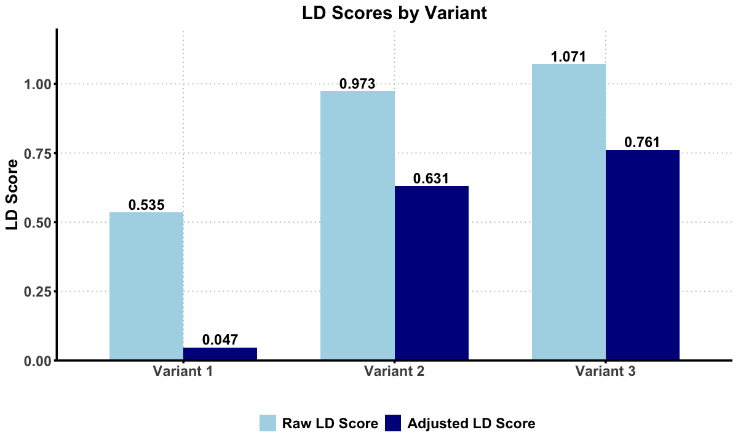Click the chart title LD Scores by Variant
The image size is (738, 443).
point(394,13)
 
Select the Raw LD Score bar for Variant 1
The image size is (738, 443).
point(146,286)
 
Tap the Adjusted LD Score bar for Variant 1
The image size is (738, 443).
point(220,354)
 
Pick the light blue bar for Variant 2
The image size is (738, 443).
point(357,225)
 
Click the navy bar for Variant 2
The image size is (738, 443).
point(431,273)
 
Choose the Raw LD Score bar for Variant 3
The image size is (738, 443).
point(569,212)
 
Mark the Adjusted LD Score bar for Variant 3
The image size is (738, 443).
point(643,255)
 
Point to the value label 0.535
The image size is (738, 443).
point(146,205)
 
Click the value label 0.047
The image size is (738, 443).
point(220,340)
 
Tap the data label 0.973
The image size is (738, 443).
point(357,84)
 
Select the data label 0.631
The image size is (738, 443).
point(431,178)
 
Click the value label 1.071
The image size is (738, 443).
point(569,57)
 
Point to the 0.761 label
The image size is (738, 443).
point(643,142)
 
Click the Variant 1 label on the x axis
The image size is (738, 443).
point(183,372)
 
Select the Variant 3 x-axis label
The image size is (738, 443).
point(606,372)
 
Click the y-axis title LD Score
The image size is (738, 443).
point(12,194)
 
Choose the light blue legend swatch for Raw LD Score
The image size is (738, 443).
point(268,423)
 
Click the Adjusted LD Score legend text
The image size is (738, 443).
point(471,423)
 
